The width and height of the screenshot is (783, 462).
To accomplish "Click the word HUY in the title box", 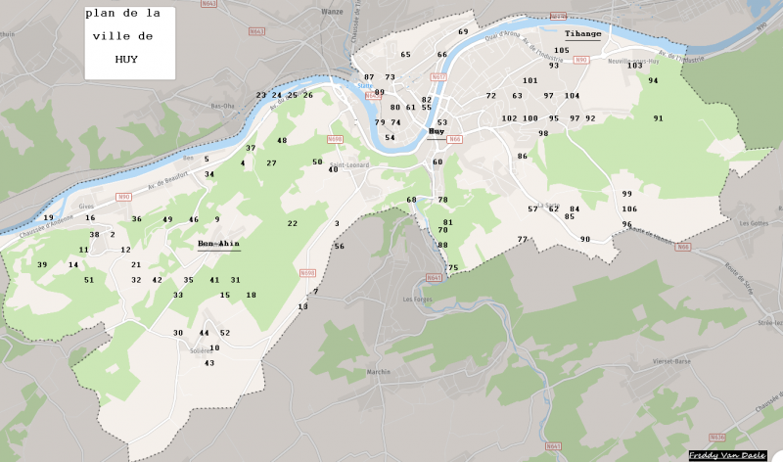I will [125, 59].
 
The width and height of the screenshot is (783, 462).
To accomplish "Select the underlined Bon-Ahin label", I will [218, 244].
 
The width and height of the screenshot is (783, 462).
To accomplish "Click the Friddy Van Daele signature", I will [725, 455].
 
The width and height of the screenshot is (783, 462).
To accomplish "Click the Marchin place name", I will [378, 371].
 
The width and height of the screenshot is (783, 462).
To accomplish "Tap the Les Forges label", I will [418, 299].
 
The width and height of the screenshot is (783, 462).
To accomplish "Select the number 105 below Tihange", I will [561, 50].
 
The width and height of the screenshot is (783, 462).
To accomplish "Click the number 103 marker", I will [634, 66].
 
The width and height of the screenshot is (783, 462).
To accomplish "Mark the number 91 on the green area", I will [658, 118].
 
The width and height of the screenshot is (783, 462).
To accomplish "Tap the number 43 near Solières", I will [208, 363].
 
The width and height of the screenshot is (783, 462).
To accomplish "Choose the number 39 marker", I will [42, 265].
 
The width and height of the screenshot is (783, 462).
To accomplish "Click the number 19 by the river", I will [48, 218].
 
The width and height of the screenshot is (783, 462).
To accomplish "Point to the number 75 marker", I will [452, 268].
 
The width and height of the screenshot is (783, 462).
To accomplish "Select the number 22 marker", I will [292, 223].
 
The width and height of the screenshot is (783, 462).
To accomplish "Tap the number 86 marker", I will [523, 157].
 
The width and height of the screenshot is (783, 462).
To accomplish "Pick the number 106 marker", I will [629, 209].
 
